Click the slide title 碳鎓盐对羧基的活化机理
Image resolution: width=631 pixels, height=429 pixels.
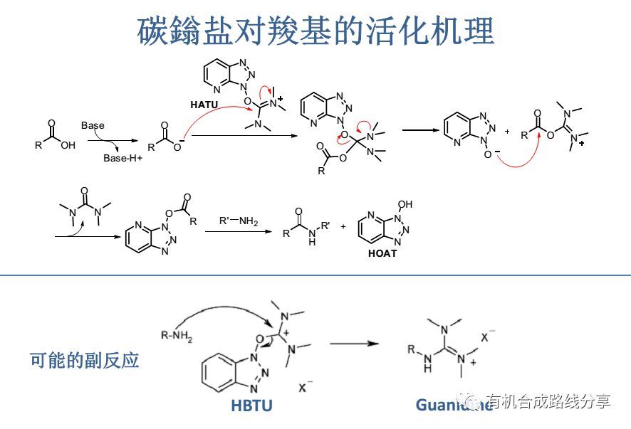315,30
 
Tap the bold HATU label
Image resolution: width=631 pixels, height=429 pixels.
204,104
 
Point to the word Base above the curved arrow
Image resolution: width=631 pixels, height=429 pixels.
93,125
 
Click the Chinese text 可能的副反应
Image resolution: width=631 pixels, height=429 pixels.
85,360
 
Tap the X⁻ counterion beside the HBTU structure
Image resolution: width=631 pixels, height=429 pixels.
306,387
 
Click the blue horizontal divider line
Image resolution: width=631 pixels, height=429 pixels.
315,275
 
